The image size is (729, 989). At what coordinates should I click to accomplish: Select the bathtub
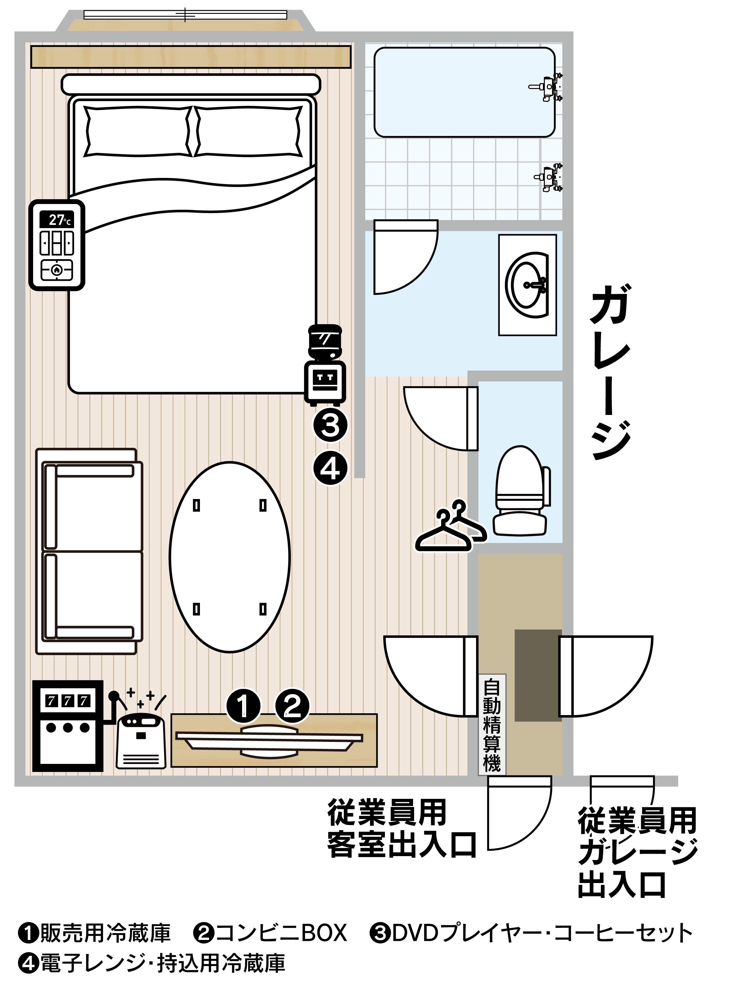464,92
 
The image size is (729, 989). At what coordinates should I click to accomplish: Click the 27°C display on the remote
57,220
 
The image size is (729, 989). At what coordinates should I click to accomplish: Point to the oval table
230,557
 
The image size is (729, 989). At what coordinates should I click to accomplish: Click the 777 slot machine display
67,701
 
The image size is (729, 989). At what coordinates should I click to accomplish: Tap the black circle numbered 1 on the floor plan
244,705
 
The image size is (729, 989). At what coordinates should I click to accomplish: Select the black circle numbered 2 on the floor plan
292,705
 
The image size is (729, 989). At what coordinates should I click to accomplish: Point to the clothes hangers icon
451,526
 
